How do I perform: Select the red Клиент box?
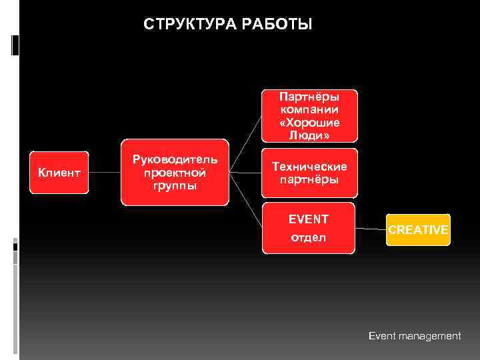(59, 173)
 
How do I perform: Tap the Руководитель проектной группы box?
(175, 172)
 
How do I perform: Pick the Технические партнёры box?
(309, 173)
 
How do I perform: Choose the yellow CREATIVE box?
(418, 230)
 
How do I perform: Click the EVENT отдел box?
(308, 229)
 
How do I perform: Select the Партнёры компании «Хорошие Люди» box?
(309, 116)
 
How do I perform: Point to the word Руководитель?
(175, 160)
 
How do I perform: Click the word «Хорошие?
(309, 123)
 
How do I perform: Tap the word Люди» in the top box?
(309, 135)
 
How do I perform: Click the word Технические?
(309, 167)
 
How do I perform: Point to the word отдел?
(308, 238)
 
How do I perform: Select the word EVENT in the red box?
(308, 219)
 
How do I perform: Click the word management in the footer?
(430, 336)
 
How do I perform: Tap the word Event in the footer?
(383, 336)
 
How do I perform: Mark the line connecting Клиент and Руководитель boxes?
(105, 173)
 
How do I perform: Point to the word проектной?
(175, 173)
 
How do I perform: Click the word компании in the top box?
(309, 110)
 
